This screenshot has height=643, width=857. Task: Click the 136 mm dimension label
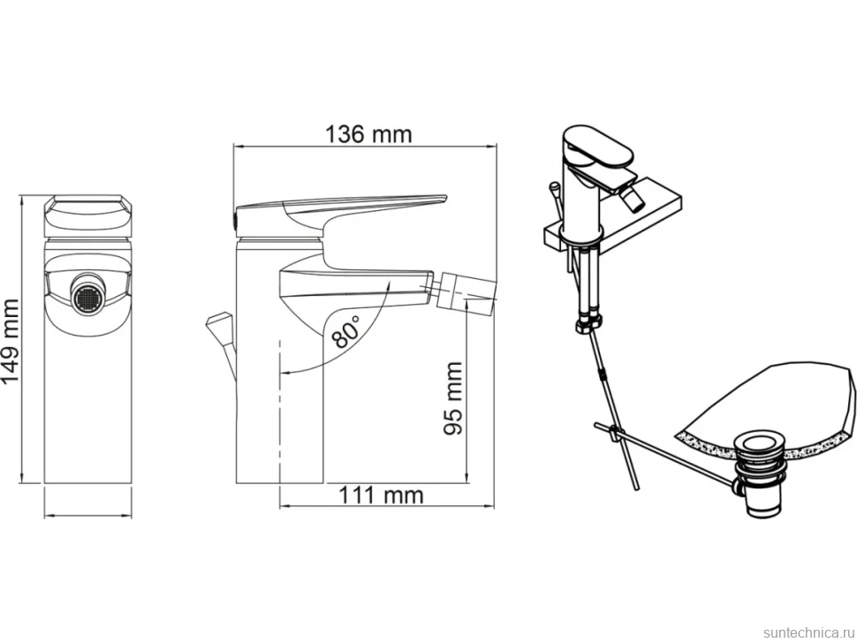coord(368,134)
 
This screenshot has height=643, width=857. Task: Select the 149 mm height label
coord(11,342)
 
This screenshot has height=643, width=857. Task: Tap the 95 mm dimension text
coord(453,398)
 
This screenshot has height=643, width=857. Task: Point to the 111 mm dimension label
coord(382,495)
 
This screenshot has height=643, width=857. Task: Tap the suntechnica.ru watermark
coord(808,632)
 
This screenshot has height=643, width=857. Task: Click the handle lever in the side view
coord(339,210)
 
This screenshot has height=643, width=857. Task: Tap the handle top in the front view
coord(87,216)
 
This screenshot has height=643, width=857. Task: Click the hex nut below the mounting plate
coord(588,324)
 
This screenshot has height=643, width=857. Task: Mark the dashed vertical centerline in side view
coord(280,411)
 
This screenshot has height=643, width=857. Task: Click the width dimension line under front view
coord(87,515)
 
